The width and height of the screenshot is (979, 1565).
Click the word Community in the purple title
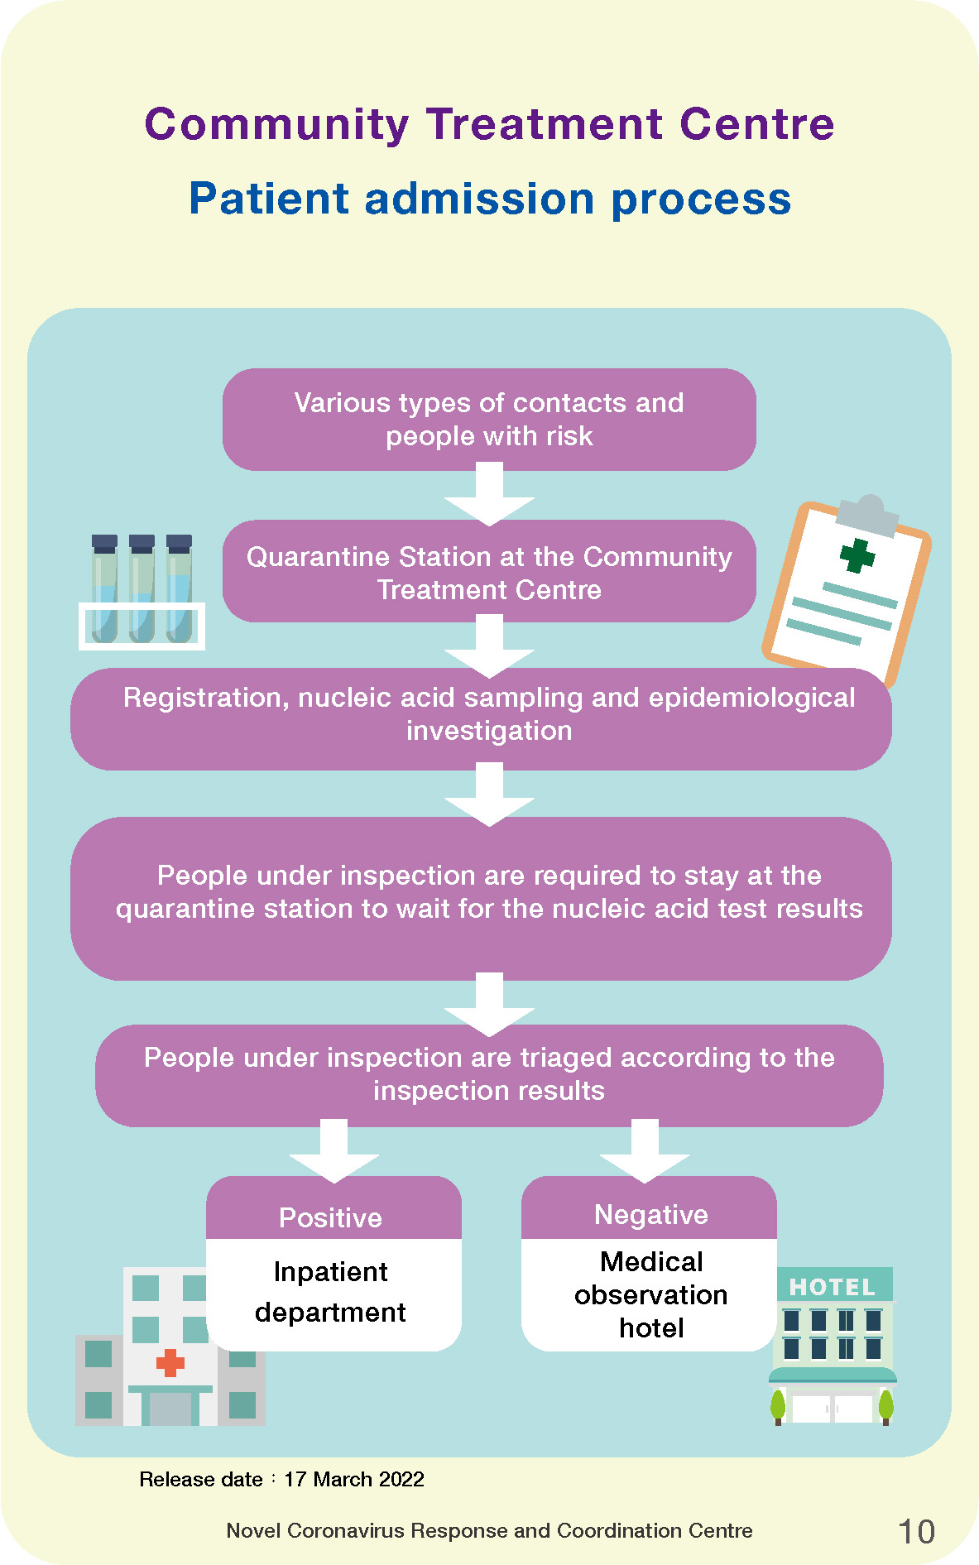pyautogui.click(x=276, y=125)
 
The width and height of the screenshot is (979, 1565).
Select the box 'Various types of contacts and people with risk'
pyautogui.click(x=489, y=420)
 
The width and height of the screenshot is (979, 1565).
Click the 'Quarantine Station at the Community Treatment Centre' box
pyautogui.click(x=489, y=572)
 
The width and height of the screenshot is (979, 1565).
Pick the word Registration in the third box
pyautogui.click(x=206, y=698)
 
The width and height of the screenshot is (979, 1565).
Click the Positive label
pyautogui.click(x=330, y=1217)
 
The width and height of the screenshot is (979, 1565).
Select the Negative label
pyautogui.click(x=651, y=1214)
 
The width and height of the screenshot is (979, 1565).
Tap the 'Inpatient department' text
pyautogui.click(x=330, y=1292)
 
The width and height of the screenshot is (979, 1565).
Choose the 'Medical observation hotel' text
pyautogui.click(x=651, y=1294)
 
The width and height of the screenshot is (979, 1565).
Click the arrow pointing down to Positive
pyautogui.click(x=334, y=1151)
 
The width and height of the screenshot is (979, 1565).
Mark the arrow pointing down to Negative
pyautogui.click(x=645, y=1151)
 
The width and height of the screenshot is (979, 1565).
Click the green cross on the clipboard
pyautogui.click(x=857, y=555)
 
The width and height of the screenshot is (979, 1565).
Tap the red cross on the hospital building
pyautogui.click(x=170, y=1362)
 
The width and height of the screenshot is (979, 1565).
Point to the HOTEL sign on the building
pyautogui.click(x=833, y=1287)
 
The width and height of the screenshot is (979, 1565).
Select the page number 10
pyautogui.click(x=916, y=1532)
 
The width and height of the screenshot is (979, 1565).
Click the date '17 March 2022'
pyautogui.click(x=354, y=1479)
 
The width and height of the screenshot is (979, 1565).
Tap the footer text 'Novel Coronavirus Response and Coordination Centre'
pyautogui.click(x=489, y=1530)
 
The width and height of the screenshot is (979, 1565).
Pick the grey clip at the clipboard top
pyautogui.click(x=867, y=512)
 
